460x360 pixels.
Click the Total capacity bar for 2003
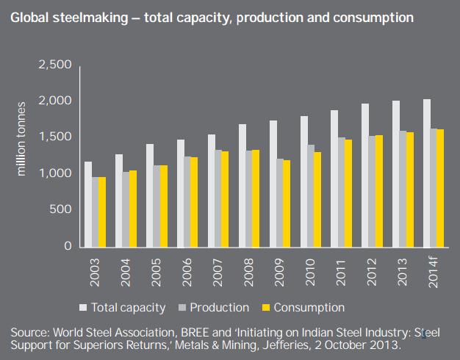click(x=88, y=204)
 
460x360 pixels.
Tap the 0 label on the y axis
click(x=67, y=246)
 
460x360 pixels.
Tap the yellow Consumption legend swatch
click(x=269, y=307)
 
